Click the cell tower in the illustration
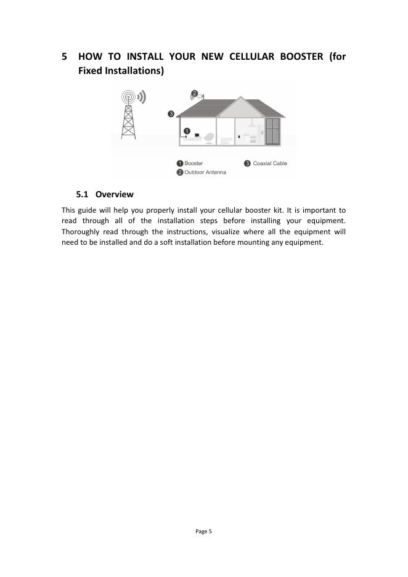pos(128,117)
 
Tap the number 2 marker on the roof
pos(194,94)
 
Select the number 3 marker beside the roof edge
pos(171,113)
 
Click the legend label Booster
pos(194,163)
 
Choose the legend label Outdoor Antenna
pos(205,172)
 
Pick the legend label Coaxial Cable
pos(270,163)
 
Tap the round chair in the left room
pos(210,137)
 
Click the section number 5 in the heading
pos(65,57)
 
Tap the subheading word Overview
pos(115,194)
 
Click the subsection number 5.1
pos(83,194)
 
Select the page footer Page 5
pos(203,531)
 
